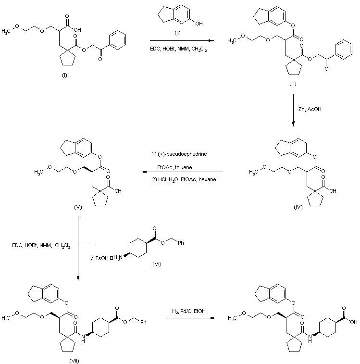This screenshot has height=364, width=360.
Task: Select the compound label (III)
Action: pyautogui.click(x=292, y=83)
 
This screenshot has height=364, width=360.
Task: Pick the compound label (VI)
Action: pyautogui.click(x=157, y=264)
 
